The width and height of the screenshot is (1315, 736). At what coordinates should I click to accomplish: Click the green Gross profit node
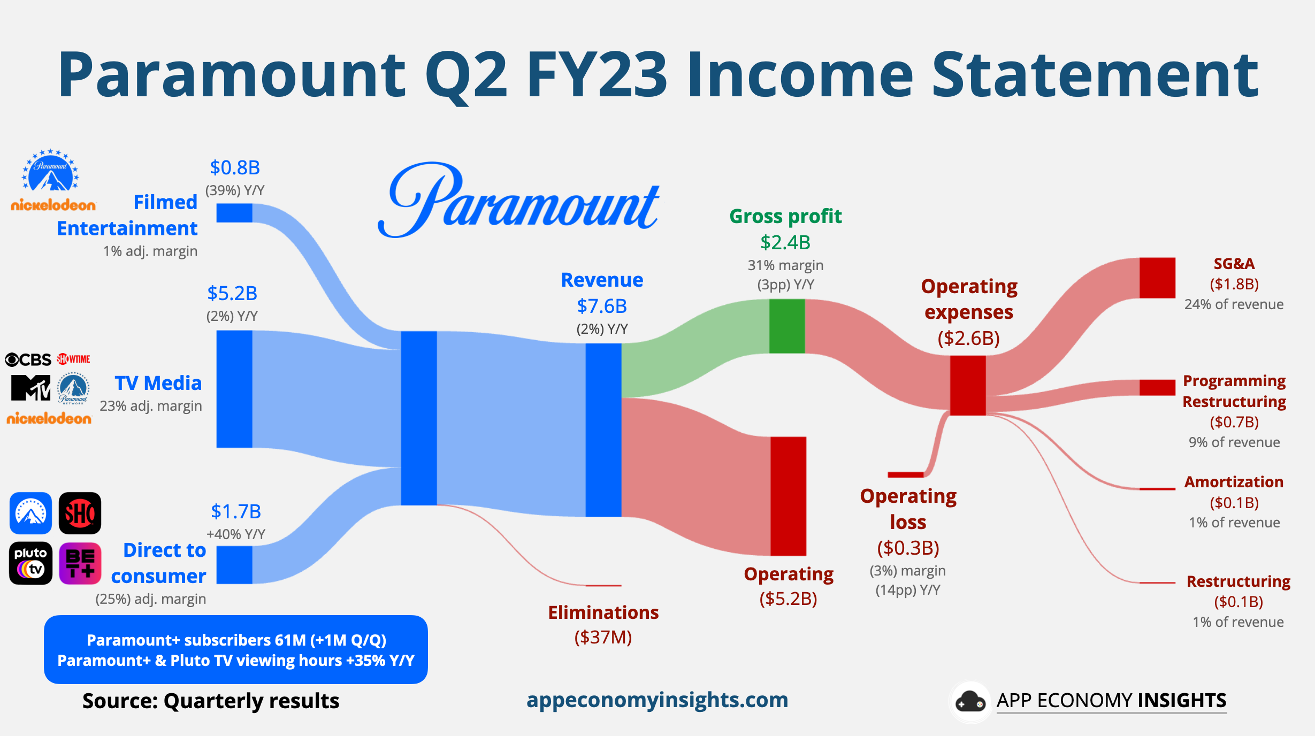pyautogui.click(x=786, y=326)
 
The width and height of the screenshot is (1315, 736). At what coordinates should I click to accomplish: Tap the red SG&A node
pyautogui.click(x=1157, y=278)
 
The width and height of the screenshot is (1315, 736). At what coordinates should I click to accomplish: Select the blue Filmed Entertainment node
pyautogui.click(x=234, y=213)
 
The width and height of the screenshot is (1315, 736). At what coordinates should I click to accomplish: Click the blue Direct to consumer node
pyautogui.click(x=234, y=564)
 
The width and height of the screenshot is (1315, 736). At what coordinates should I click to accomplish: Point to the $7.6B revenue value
pyautogui.click(x=601, y=306)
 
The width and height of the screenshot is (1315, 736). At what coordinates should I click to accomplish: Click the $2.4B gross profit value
pyautogui.click(x=785, y=242)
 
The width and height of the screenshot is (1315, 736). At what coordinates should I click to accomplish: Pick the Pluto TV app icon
pyautogui.click(x=30, y=563)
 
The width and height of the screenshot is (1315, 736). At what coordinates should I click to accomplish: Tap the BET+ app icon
pyautogui.click(x=80, y=563)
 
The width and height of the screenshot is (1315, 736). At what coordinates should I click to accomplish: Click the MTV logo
pyautogui.click(x=30, y=387)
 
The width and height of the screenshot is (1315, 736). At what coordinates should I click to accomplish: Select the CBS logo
pyautogui.click(x=28, y=359)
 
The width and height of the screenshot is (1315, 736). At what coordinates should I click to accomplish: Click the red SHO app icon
pyautogui.click(x=80, y=513)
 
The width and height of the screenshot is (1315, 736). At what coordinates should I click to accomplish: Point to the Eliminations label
pyautogui.click(x=603, y=612)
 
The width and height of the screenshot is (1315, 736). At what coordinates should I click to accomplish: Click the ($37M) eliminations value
pyautogui.click(x=603, y=637)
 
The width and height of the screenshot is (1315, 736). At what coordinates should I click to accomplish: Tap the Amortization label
pyautogui.click(x=1233, y=482)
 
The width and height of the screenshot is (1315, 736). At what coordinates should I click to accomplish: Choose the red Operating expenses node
pyautogui.click(x=967, y=385)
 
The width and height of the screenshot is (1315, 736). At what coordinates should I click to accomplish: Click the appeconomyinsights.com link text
pyautogui.click(x=657, y=700)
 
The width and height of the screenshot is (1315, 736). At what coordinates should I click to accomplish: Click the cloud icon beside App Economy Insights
pyautogui.click(x=970, y=702)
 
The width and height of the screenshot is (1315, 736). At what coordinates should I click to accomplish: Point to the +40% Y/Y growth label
pyautogui.click(x=236, y=534)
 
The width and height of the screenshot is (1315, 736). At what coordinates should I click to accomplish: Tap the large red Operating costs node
pyautogui.click(x=788, y=496)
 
